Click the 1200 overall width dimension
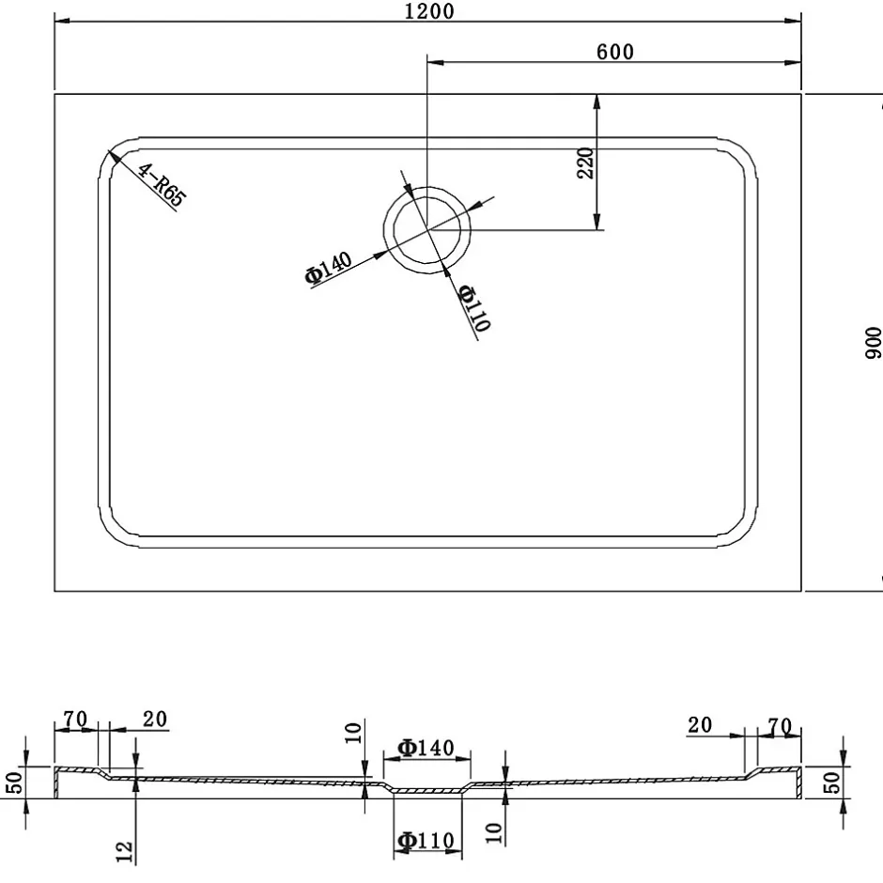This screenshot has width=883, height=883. pyautogui.click(x=429, y=11)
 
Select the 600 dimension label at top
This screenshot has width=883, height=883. pyautogui.click(x=615, y=52)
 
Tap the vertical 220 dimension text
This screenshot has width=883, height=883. pyautogui.click(x=585, y=163)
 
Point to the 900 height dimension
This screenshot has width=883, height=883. pyautogui.click(x=873, y=342)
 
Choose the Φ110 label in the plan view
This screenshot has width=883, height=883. pyautogui.click(x=474, y=307)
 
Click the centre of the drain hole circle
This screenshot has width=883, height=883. pyautogui.click(x=426, y=230)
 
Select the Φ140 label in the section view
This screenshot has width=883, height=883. pyautogui.click(x=426, y=748)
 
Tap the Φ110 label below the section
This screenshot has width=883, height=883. pyautogui.click(x=426, y=841)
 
